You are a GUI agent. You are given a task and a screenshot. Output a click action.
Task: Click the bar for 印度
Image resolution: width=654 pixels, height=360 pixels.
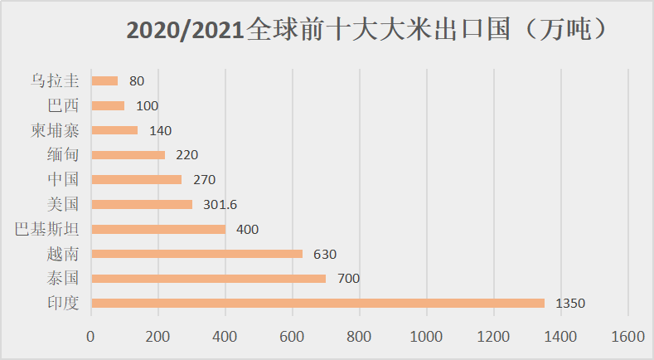point(317,303)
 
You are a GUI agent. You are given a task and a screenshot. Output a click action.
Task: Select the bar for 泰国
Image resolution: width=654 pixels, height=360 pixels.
point(209,278)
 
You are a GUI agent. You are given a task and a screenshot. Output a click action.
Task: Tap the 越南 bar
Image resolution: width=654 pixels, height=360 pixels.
point(197,253)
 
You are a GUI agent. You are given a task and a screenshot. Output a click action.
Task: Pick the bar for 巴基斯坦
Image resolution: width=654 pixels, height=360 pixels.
point(158,229)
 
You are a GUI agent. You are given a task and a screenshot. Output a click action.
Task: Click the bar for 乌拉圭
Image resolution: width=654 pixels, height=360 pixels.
point(104,81)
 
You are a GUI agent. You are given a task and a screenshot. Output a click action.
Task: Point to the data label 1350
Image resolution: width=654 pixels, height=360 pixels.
point(570,304)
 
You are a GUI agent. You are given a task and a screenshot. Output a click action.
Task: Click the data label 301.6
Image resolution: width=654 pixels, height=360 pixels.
point(220,205)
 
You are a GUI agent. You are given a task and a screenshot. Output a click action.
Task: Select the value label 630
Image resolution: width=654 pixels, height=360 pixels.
point(325,254)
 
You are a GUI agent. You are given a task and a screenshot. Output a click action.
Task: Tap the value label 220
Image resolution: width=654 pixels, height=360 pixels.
point(187,155)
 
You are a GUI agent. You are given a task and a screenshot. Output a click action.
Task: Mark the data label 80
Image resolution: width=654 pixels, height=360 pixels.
point(137,81)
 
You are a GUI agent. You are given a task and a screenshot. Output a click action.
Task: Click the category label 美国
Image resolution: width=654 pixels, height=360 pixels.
point(64,204)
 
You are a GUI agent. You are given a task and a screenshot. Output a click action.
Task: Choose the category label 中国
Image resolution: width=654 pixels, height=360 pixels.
point(64,179)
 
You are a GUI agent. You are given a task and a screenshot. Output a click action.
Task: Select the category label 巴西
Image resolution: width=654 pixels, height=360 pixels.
point(64,105)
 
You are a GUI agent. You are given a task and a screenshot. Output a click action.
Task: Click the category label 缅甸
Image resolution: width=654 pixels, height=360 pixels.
point(64,155)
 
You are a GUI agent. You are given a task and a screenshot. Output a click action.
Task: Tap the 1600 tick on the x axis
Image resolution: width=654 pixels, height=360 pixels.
point(627,336)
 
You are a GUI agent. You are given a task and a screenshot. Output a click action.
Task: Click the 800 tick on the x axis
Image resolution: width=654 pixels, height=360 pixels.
point(359,336)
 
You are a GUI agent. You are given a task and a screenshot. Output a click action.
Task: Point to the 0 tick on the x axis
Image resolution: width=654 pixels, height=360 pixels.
point(91,336)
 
